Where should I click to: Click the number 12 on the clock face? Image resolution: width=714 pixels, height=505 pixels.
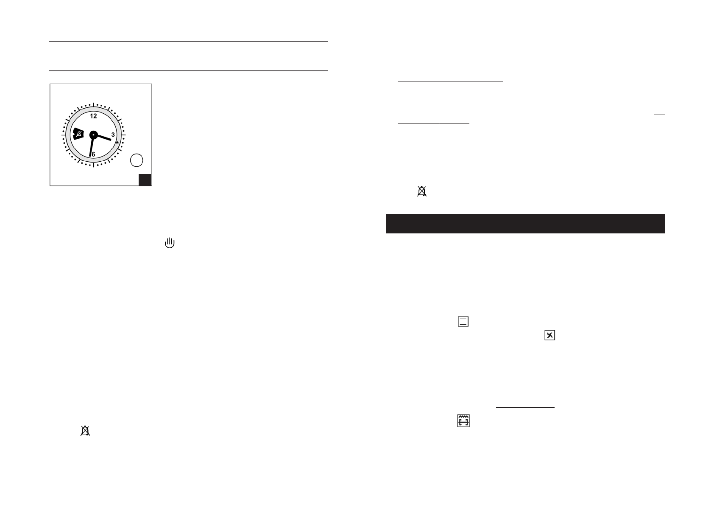93,116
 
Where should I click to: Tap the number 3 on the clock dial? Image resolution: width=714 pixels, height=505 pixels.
113,135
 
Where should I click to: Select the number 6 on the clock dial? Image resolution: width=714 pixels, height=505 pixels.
93,154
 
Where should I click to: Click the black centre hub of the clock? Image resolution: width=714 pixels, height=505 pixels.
93,135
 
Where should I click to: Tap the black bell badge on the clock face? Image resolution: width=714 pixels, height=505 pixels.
78,134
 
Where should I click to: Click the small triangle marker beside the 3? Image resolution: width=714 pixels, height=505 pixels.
117,142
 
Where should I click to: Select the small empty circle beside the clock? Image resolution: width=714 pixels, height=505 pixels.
137,160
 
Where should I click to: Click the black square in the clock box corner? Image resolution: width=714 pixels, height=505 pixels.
145,180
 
